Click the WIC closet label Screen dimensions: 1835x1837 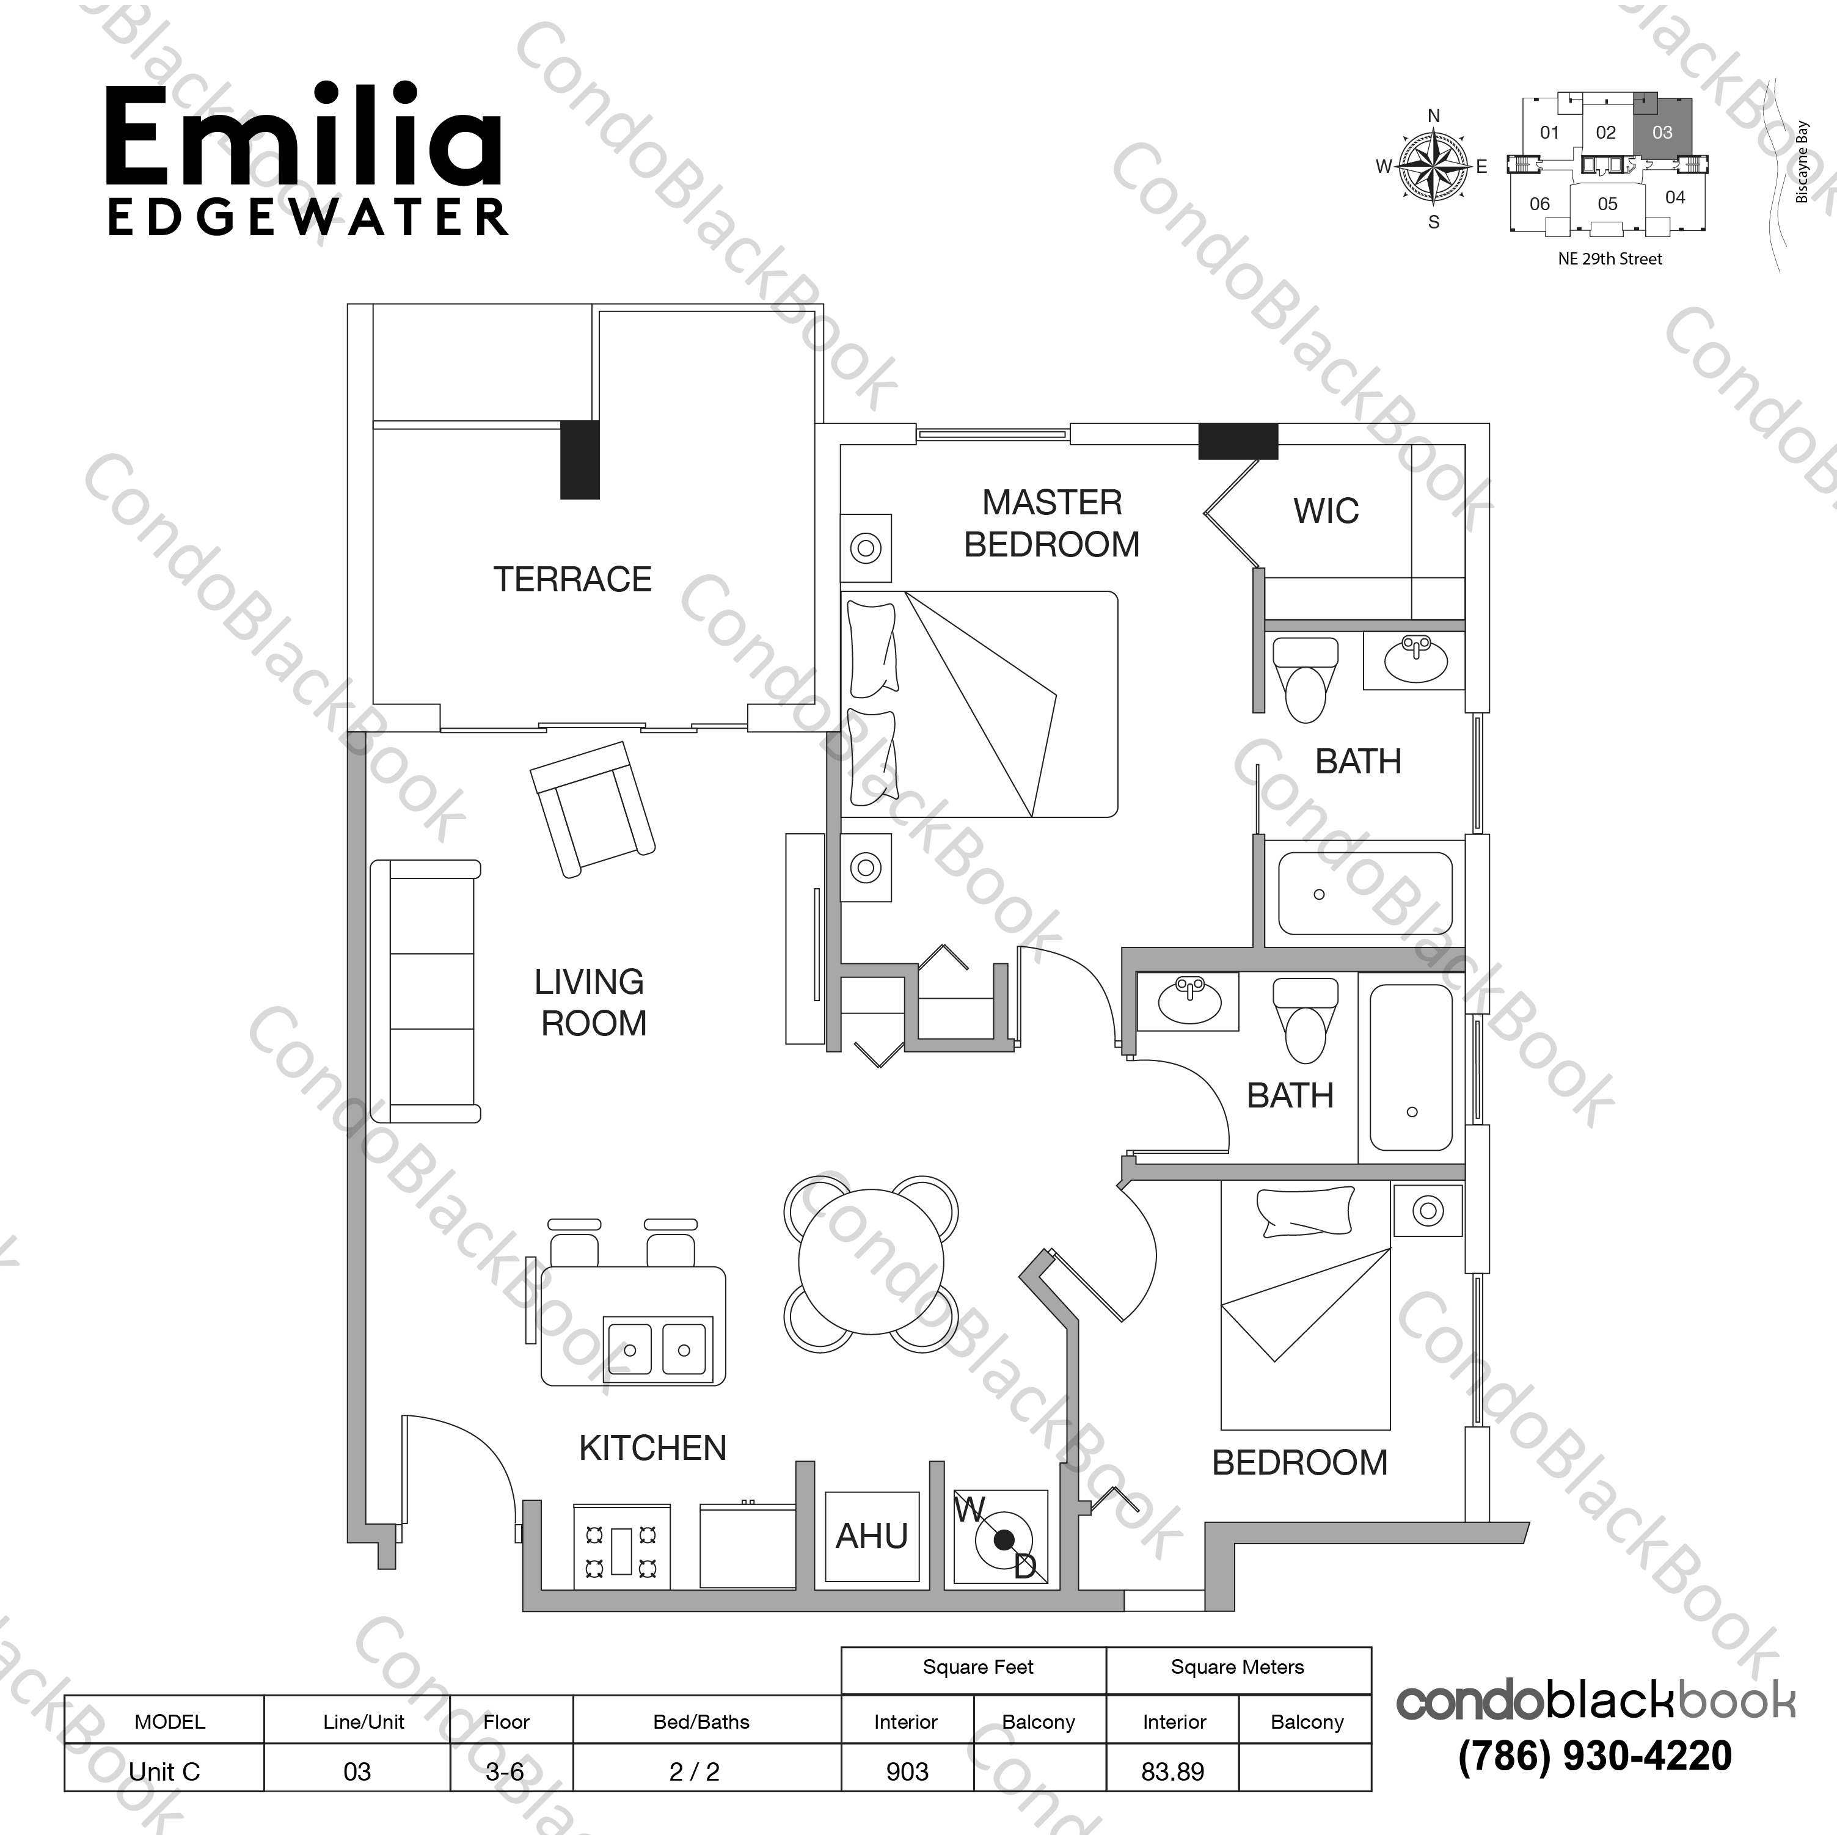pos(1326,511)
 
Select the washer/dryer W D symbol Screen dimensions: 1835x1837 pos(1001,1538)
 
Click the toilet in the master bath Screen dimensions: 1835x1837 pos(1304,679)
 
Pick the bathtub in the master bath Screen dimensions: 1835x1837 pos(1364,894)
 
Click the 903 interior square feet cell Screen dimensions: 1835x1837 pos(907,1771)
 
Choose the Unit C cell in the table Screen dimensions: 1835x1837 pos(164,1771)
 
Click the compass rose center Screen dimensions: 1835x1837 pos(1433,166)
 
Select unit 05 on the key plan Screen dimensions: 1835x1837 pos(1607,203)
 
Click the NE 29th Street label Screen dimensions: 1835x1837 pos(1610,258)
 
